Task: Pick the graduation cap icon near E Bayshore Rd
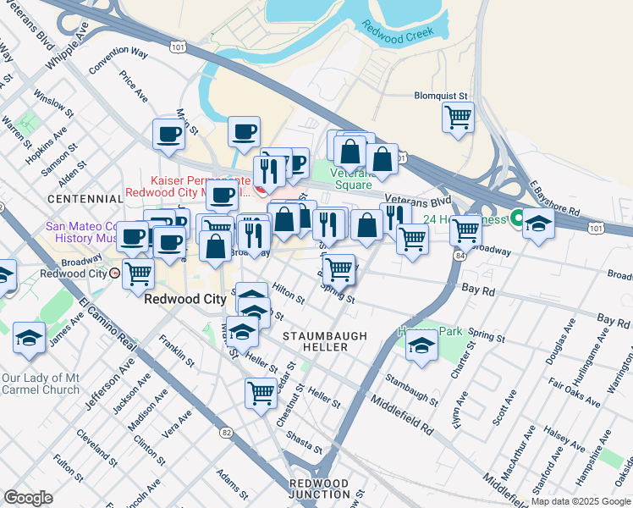pyautogui.click(x=538, y=224)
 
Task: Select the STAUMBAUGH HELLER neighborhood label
pyautogui.click(x=325, y=341)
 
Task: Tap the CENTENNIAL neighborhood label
pyautogui.click(x=85, y=198)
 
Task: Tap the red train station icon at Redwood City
pyautogui.click(x=114, y=273)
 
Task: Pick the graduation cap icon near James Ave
pyautogui.click(x=29, y=338)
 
